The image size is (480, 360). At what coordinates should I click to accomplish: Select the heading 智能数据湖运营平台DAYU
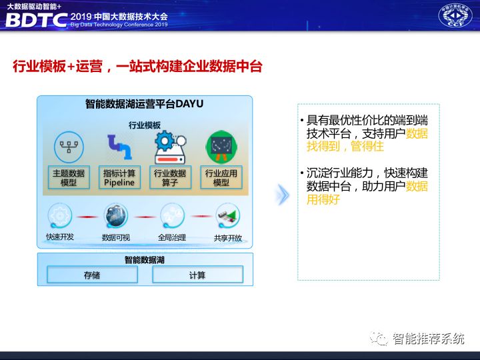coord(145,105)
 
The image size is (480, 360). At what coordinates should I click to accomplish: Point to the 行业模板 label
coord(145,125)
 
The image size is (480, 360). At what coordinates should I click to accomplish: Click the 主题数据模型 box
coord(68,177)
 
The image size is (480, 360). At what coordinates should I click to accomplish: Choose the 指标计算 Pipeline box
coord(119,177)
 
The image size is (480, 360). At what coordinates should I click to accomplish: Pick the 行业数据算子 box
coord(170,177)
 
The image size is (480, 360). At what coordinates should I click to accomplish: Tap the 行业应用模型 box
coord(221,177)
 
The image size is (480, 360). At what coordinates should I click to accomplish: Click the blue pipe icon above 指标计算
coord(119,147)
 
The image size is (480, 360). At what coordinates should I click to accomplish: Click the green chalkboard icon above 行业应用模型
coord(221,146)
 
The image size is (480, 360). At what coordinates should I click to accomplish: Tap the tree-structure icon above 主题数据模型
coord(68,147)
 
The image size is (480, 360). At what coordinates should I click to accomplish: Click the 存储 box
coord(92,275)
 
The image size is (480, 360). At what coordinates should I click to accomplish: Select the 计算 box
coord(197,275)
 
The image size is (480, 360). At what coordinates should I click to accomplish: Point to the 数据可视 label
coord(115,237)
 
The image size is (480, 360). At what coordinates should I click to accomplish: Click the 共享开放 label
coord(227,237)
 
